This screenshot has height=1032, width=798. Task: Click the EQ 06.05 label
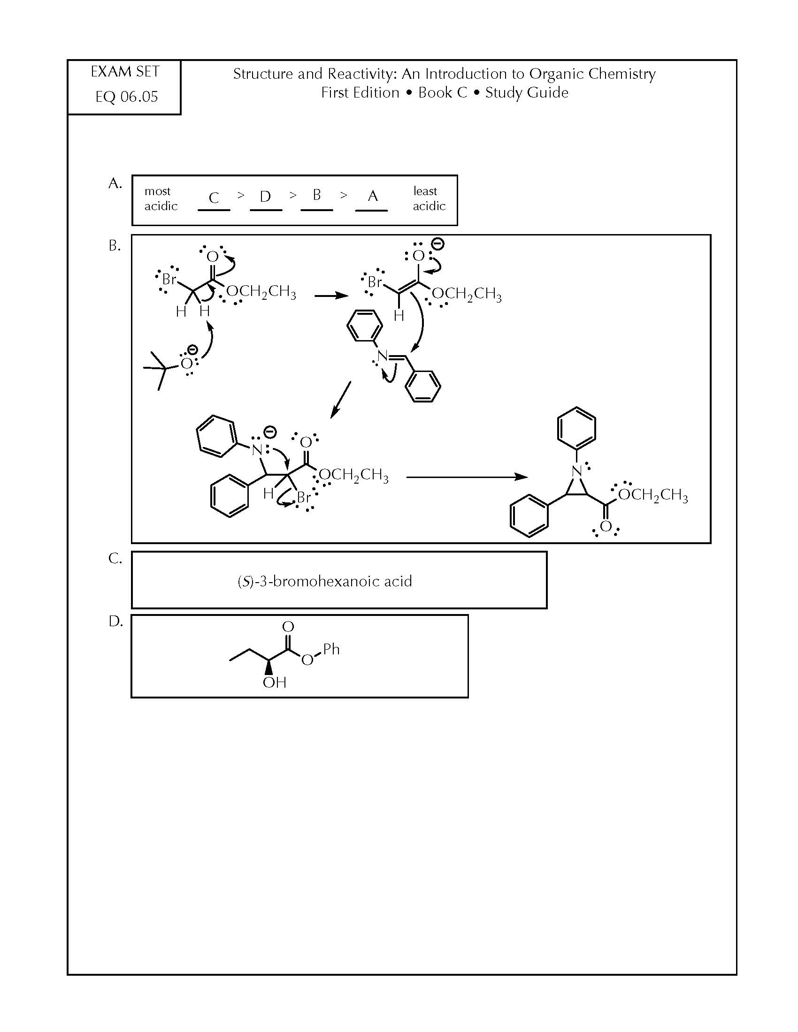click(x=127, y=97)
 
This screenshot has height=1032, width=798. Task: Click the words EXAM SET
click(x=125, y=72)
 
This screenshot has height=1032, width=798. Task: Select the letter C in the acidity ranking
click(x=214, y=197)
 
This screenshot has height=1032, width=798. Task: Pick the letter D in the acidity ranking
click(x=265, y=196)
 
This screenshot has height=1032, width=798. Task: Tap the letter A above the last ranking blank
click(x=373, y=196)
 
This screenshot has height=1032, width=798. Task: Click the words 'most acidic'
click(x=161, y=198)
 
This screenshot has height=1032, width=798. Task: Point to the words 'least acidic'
click(x=429, y=198)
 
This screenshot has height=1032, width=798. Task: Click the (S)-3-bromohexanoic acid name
click(x=325, y=581)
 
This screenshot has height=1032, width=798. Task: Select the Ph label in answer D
click(x=331, y=649)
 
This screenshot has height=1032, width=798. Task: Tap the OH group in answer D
click(x=274, y=682)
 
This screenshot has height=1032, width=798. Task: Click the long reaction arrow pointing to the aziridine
click(x=467, y=477)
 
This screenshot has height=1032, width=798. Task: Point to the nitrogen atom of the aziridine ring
click(x=576, y=470)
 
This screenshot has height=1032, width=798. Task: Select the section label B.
click(x=115, y=245)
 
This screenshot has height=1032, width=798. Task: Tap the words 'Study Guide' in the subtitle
click(x=527, y=92)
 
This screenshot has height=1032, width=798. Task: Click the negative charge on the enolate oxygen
click(x=438, y=244)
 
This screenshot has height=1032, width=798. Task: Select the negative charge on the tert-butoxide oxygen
click(x=192, y=349)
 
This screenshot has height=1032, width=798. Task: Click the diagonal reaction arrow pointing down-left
click(x=340, y=400)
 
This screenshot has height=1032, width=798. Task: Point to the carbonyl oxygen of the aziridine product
click(x=606, y=526)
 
